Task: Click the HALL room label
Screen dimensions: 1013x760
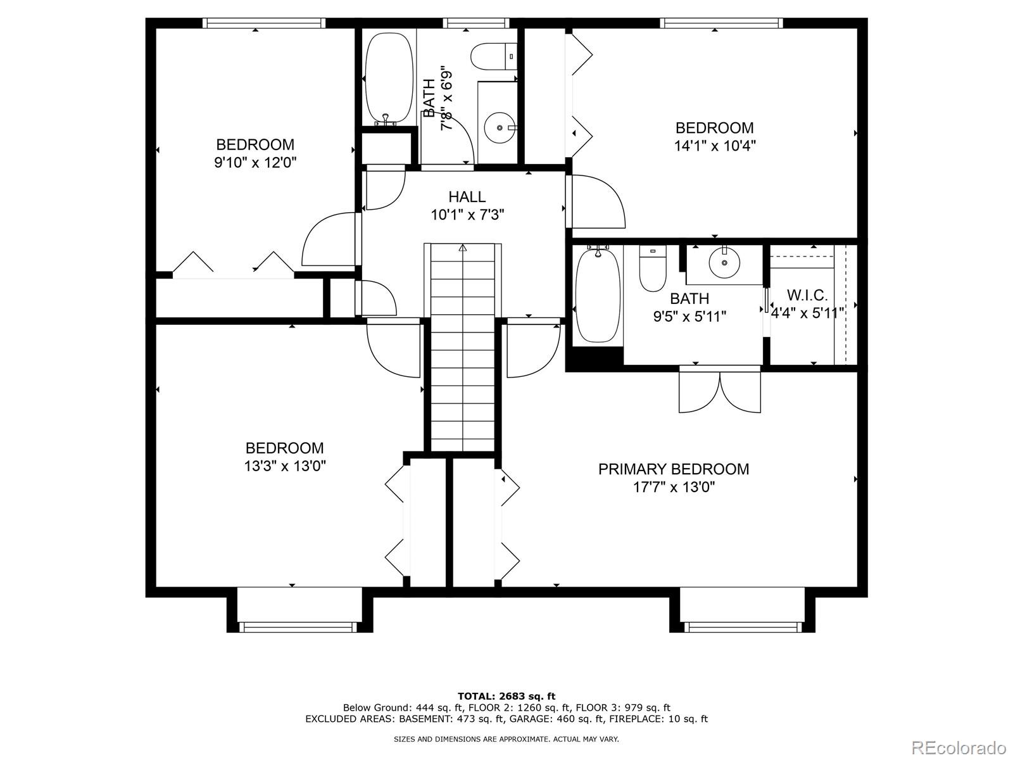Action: click(x=467, y=197)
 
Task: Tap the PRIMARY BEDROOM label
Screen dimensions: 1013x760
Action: click(x=674, y=469)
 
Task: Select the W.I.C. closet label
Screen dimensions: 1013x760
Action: click(x=807, y=295)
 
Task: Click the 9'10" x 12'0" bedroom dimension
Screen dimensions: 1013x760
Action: click(x=255, y=162)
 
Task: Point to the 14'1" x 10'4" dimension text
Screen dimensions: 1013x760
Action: click(x=714, y=146)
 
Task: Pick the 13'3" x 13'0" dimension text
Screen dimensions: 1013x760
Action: click(x=285, y=466)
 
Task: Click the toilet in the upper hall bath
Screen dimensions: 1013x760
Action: click(x=493, y=57)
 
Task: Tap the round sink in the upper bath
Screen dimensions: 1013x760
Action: click(x=500, y=127)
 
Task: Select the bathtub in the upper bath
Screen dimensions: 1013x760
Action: click(x=389, y=79)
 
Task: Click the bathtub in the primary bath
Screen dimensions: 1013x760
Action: click(x=598, y=294)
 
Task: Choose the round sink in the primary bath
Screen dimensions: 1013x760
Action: click(x=724, y=263)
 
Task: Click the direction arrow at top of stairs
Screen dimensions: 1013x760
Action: click(x=462, y=248)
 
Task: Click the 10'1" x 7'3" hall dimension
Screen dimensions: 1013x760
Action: click(x=467, y=215)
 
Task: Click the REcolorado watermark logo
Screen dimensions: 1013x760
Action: click(x=959, y=747)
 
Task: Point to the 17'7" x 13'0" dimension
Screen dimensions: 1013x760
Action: click(x=674, y=487)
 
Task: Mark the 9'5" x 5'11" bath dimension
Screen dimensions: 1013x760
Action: click(x=689, y=317)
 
